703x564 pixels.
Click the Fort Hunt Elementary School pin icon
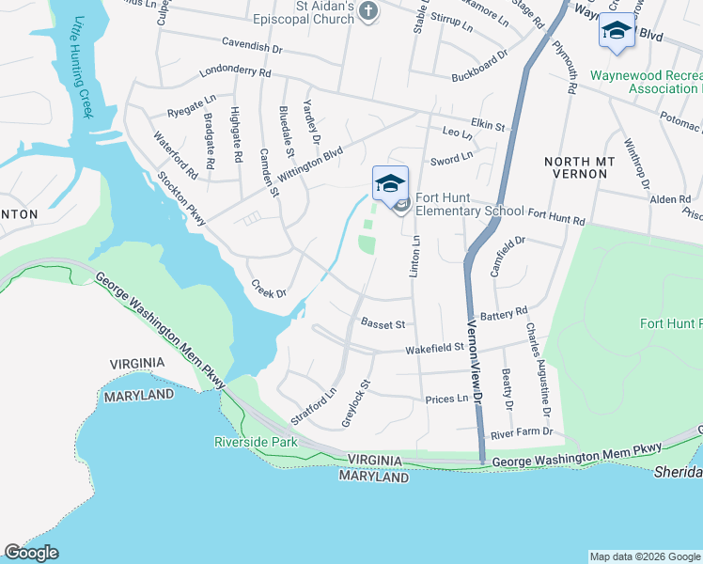point(390,182)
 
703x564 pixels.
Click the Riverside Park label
point(256,442)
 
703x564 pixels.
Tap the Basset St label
point(383,324)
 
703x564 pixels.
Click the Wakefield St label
point(434,348)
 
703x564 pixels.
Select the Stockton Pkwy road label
point(181,197)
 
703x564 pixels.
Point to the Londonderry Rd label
point(235,72)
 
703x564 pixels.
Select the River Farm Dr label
point(522,432)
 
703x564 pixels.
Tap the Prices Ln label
point(446,399)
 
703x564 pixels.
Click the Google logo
point(31,553)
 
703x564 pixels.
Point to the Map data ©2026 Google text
point(644,556)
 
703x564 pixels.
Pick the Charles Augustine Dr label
point(538,370)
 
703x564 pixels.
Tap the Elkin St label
point(488,125)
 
